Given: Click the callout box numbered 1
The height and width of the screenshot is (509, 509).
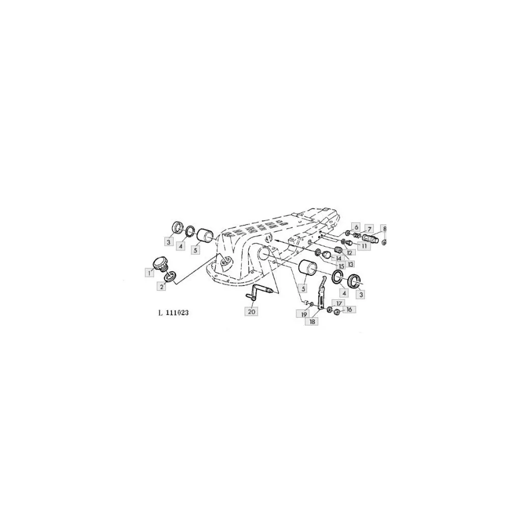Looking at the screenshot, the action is tap(149, 273).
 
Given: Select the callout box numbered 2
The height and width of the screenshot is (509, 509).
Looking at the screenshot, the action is tap(161, 286).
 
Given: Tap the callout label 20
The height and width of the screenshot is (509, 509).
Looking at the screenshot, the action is tap(251, 312).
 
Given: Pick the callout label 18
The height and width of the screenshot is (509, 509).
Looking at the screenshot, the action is tap(312, 321).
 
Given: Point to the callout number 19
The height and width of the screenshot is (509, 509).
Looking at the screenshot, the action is tap(304, 314).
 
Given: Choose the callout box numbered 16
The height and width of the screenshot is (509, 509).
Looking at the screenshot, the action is tap(349, 309).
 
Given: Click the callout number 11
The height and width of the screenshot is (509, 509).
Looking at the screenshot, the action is tap(364, 246).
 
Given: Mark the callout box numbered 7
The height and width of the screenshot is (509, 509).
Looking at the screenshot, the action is tap(369, 229).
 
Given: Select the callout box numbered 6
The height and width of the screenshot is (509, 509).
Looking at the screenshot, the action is tap(356, 227).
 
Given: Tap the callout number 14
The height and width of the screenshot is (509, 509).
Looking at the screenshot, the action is tap(338, 259).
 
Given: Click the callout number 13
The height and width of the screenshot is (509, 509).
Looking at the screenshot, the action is tap(350, 264).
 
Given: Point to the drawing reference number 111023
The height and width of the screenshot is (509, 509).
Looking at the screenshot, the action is tap(177, 313).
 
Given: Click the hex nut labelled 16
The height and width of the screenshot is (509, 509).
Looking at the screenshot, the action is tap(336, 313).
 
